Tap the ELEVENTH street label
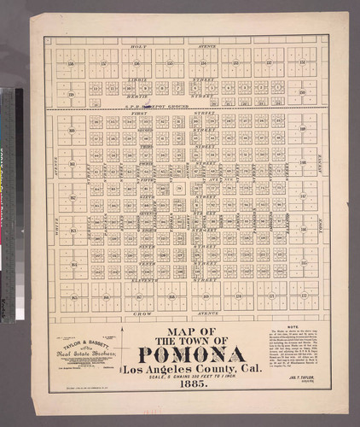[139, 279]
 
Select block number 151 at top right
[302, 62]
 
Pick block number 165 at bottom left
[74, 297]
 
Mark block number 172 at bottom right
[303, 297]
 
